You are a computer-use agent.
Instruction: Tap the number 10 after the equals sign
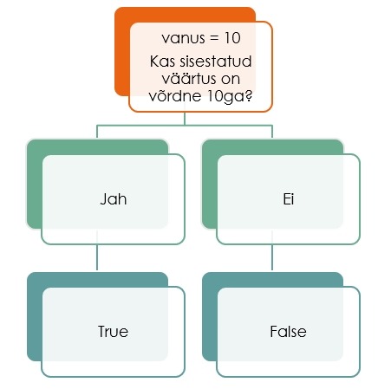(x=232, y=38)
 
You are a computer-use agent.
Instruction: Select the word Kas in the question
(x=162, y=62)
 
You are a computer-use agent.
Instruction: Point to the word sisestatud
(x=216, y=62)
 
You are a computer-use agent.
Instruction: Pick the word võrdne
(x=175, y=95)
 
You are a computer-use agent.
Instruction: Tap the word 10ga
(x=226, y=96)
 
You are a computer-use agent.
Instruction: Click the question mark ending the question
(x=249, y=95)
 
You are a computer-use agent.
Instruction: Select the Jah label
(x=114, y=199)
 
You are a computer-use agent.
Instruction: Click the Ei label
(x=289, y=199)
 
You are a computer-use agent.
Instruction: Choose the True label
(x=113, y=331)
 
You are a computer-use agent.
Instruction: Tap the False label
(x=288, y=331)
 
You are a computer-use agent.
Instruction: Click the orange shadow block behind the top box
(x=122, y=52)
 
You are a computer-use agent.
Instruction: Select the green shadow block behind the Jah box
(x=34, y=185)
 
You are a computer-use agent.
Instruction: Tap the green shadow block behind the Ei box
(x=209, y=185)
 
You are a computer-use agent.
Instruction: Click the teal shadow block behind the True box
(x=35, y=317)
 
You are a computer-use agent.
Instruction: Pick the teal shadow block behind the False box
(x=210, y=317)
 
